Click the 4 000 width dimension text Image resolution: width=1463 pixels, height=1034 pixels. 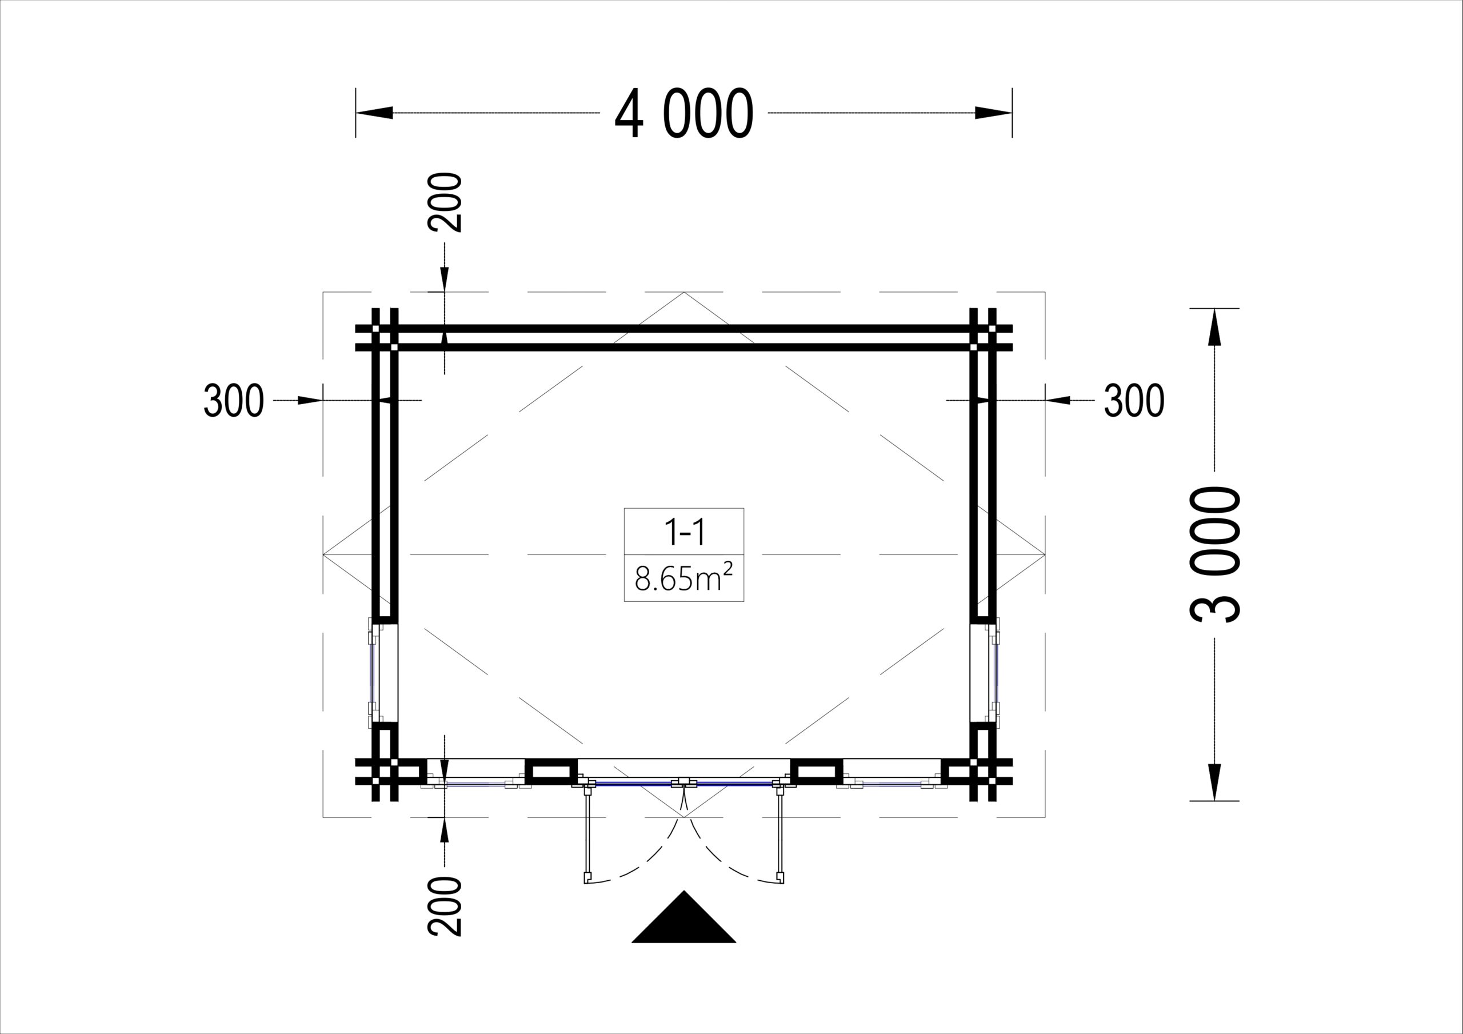pos(683,114)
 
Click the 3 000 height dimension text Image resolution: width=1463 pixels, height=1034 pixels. pos(1215,554)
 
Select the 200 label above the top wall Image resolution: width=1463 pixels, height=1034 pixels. pos(445,202)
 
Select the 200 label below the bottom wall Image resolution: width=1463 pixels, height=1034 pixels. pos(445,906)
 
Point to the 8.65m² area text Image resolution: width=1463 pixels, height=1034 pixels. pos(684,579)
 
